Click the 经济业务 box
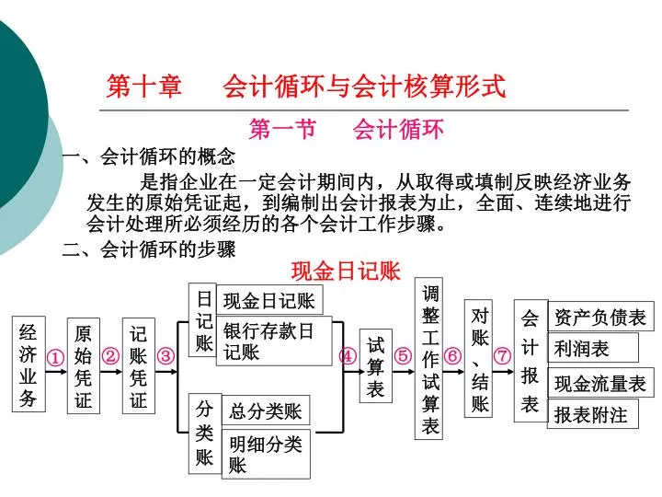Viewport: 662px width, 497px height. (29, 364)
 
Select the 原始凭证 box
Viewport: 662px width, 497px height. (84, 365)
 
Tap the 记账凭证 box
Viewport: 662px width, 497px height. (139, 365)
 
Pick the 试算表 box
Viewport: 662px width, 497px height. (376, 365)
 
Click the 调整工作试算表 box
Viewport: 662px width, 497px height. (428, 358)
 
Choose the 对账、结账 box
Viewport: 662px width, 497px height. (478, 358)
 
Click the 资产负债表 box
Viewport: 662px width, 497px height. (600, 316)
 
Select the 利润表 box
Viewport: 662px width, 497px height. (593, 347)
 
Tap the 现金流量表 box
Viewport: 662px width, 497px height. (600, 383)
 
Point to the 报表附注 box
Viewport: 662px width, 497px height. (593, 414)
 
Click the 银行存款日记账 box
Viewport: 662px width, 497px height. (274, 341)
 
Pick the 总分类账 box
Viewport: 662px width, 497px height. (266, 410)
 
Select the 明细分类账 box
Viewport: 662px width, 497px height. (266, 454)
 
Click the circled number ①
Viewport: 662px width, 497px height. (55, 358)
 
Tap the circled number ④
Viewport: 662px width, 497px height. (348, 356)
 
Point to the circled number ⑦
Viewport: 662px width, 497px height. (502, 355)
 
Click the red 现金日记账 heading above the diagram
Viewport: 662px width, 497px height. (346, 271)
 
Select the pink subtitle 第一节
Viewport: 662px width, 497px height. (282, 129)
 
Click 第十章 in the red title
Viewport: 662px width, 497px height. (144, 87)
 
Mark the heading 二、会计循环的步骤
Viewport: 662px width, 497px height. (149, 248)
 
